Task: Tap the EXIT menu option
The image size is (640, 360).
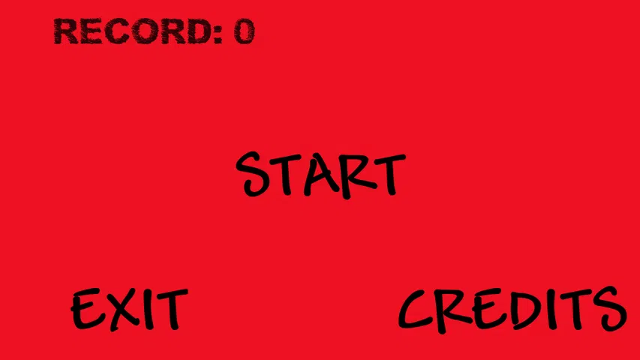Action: (128, 309)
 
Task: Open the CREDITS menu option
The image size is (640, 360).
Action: (512, 309)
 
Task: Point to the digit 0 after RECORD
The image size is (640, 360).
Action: (244, 31)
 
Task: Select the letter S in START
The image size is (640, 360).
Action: (254, 174)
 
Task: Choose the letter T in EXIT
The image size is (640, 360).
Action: (169, 309)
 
